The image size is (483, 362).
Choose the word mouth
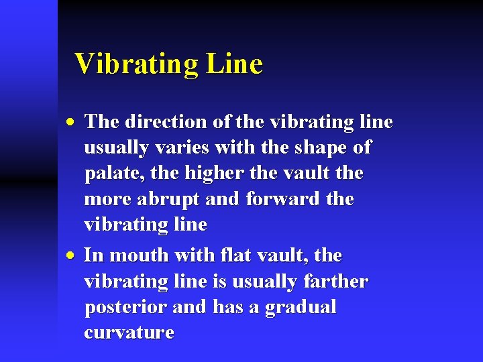(x=139, y=255)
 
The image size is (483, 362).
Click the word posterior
(x=125, y=308)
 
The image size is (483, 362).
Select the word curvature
(x=129, y=333)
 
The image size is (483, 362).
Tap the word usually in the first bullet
(x=115, y=147)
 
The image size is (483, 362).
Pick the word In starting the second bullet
(x=93, y=255)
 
